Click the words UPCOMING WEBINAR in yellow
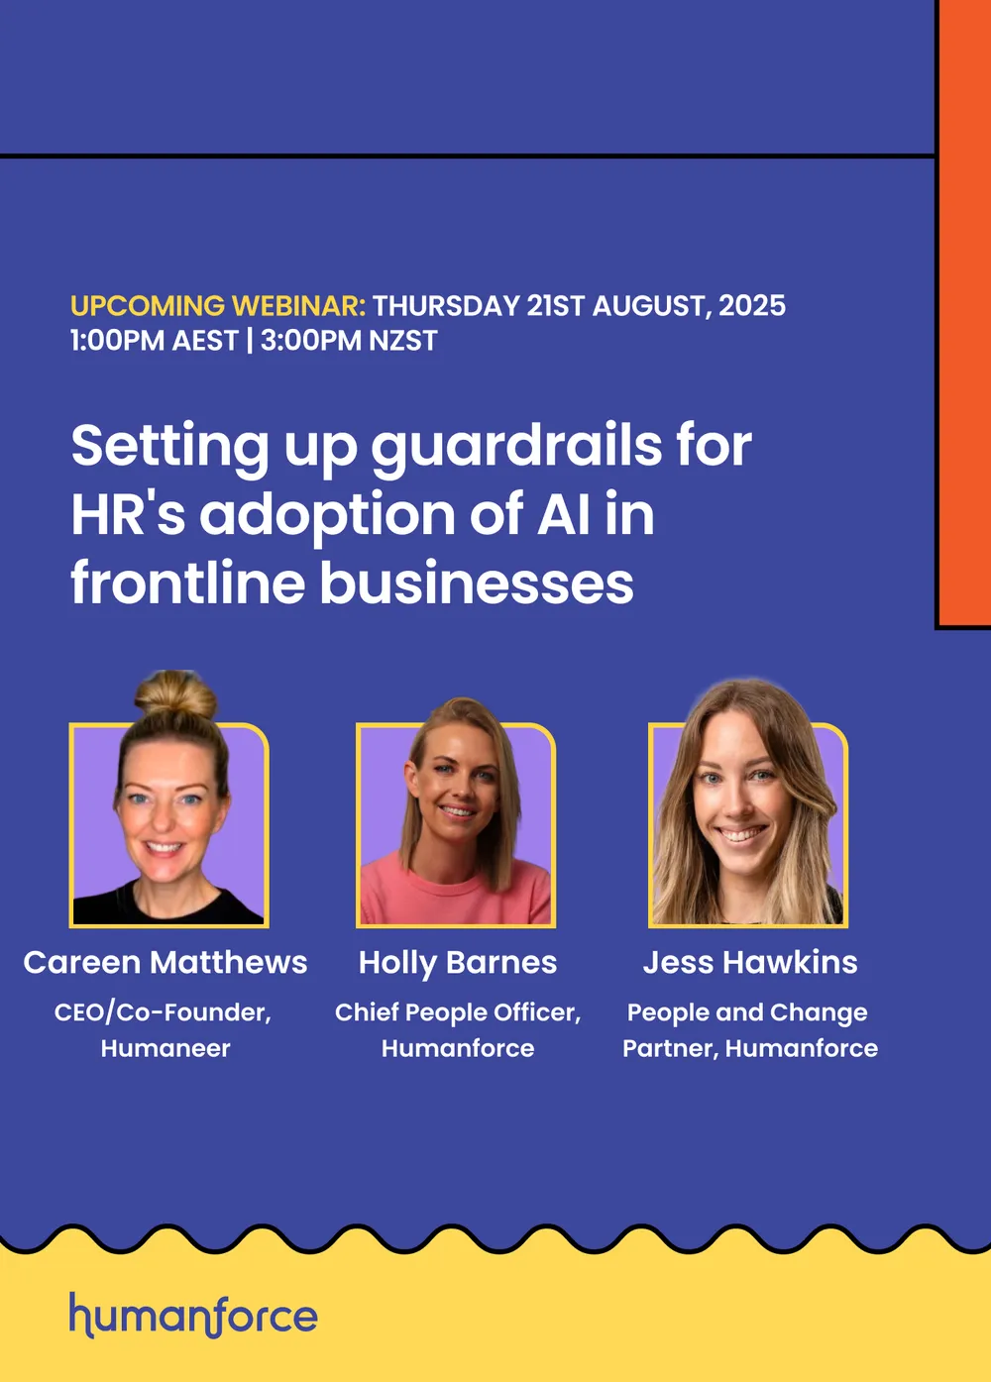pos(218,306)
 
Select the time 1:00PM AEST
pos(155,341)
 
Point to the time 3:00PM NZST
pos(349,341)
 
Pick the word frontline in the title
pos(188,583)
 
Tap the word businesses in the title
pos(477,583)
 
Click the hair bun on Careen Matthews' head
pos(175,695)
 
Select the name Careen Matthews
pos(165,963)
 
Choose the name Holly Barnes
pos(458,963)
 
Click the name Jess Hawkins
pos(750,963)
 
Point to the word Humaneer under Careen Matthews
pos(165,1048)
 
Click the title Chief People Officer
pos(458,1012)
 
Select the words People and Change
pos(747,1012)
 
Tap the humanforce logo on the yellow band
pos(194,1316)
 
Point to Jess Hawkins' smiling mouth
pos(740,835)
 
